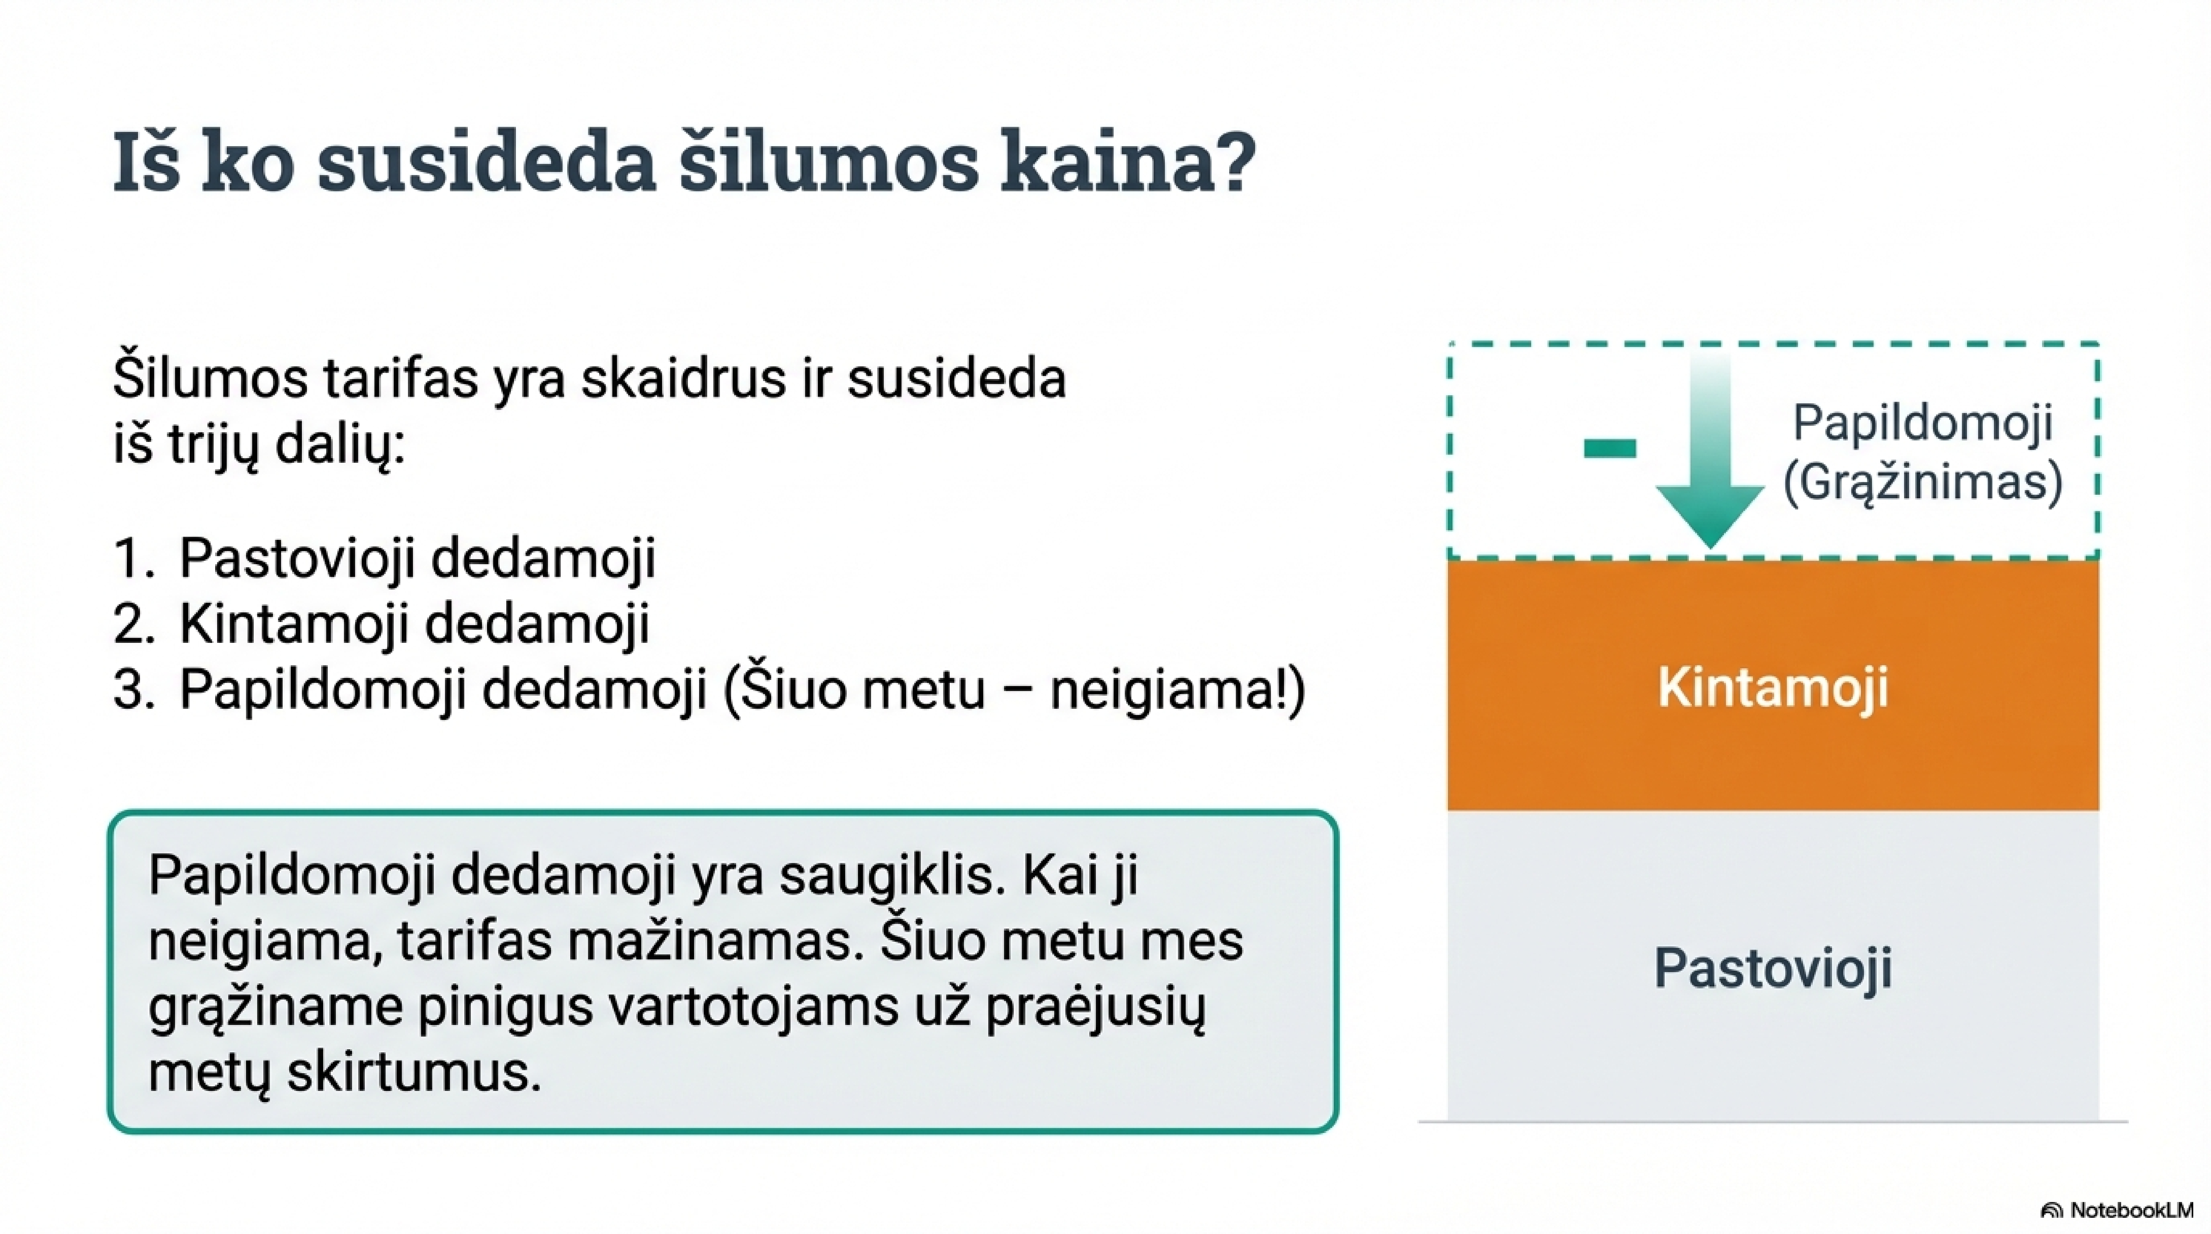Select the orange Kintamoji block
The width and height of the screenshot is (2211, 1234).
click(1773, 685)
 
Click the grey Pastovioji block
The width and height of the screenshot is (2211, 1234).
click(1773, 965)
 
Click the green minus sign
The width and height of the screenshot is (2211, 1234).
click(1610, 448)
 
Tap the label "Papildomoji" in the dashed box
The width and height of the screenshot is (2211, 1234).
click(1923, 422)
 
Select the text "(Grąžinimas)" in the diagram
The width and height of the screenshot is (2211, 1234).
click(1923, 482)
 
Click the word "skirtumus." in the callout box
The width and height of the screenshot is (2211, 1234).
click(414, 1073)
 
